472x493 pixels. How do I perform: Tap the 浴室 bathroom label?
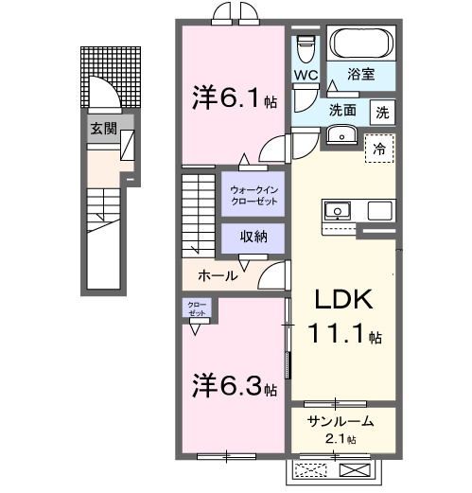coord(362,72)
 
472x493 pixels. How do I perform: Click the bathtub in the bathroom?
coord(360,43)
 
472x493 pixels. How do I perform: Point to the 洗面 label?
coord(342,110)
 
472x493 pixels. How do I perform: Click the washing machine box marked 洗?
coord(381,110)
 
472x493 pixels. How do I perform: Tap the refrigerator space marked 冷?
coord(378,148)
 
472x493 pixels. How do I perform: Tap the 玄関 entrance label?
coord(105,129)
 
